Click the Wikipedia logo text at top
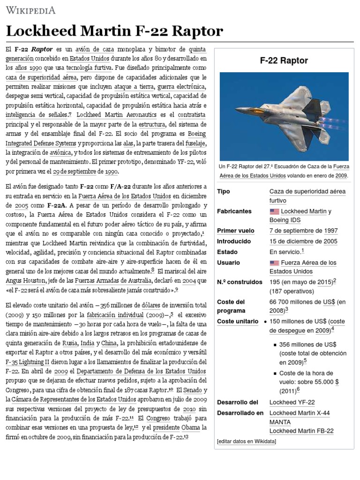(30, 10)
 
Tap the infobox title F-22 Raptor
(284, 60)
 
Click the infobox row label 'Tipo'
(224, 192)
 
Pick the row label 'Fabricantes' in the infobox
(234, 211)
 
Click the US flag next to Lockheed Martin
(274, 211)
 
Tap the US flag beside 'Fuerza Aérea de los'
(274, 263)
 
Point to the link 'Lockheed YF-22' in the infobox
(292, 402)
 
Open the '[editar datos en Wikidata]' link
(247, 442)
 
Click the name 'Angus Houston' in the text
(25, 281)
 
